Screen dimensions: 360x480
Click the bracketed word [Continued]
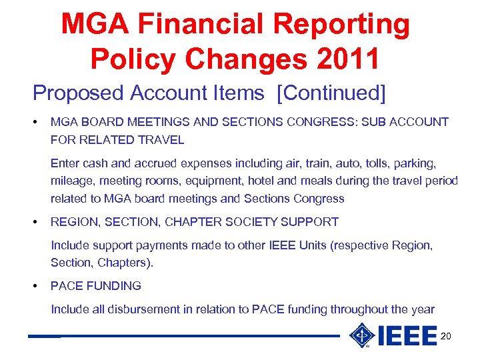[x=334, y=93]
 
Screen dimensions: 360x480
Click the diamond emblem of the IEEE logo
[x=362, y=335]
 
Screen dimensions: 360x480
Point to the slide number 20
[x=445, y=337]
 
